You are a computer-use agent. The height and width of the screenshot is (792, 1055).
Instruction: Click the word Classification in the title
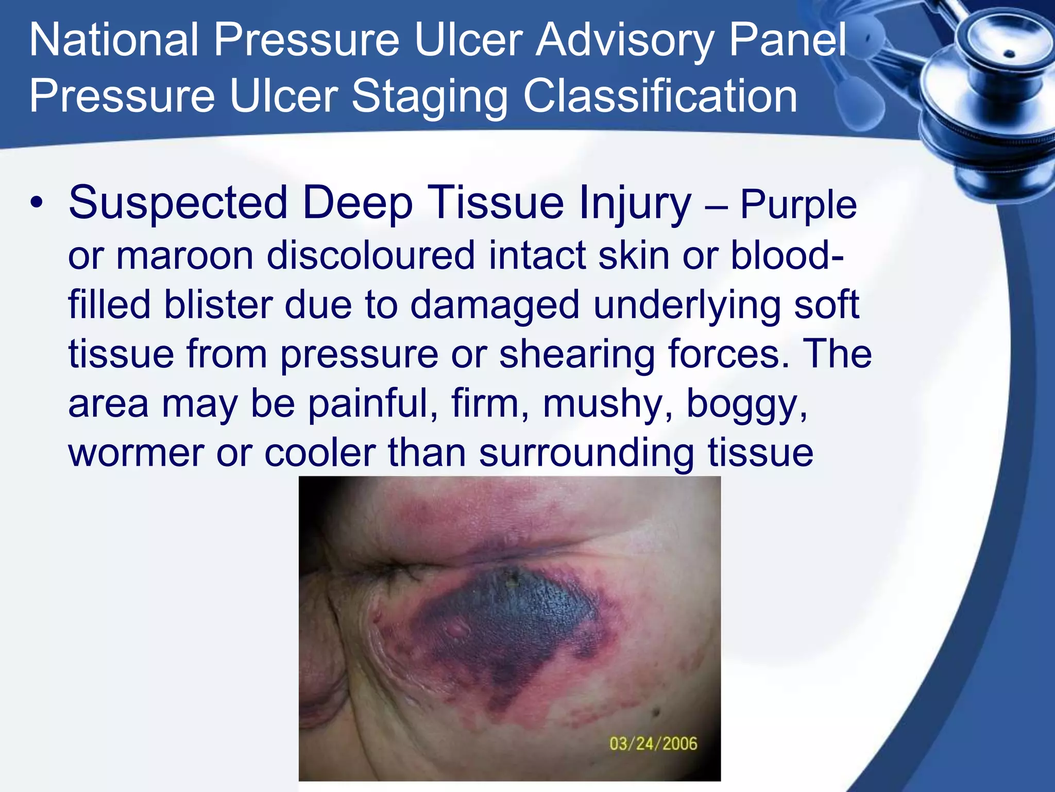[x=660, y=97]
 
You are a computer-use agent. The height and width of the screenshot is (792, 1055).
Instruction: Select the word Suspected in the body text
[x=178, y=203]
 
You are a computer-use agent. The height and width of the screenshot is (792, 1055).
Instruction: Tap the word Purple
[x=798, y=205]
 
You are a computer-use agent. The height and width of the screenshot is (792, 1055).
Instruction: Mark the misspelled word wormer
[x=136, y=452]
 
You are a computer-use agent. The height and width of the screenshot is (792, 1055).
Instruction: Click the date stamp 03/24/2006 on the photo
[x=653, y=744]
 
